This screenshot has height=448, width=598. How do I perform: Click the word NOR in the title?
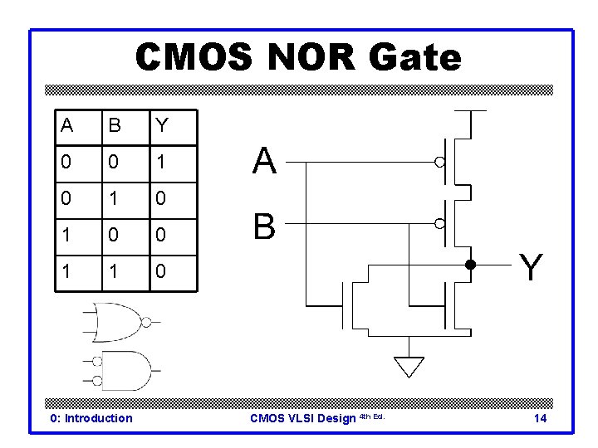point(298,58)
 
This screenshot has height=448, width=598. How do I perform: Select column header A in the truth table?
point(66,126)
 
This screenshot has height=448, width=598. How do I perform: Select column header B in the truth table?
point(114,126)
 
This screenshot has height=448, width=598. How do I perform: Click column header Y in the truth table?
point(161,126)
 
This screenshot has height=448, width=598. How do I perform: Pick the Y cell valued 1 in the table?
point(161,163)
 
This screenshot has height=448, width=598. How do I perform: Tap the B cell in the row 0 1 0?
point(114,199)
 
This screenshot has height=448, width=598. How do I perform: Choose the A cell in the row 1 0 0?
point(66,236)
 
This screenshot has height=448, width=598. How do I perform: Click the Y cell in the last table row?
point(161,272)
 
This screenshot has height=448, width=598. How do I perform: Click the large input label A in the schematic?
point(264,162)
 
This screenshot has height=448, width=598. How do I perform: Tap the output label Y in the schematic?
point(532,267)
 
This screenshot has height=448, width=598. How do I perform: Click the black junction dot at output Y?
point(469,265)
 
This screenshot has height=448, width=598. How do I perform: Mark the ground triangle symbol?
point(409,366)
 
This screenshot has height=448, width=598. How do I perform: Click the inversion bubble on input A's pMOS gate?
point(440,163)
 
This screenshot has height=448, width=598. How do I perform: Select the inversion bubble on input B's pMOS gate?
point(440,223)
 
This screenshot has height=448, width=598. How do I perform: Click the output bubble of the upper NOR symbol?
point(146,323)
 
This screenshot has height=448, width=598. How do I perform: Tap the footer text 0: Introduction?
point(91,418)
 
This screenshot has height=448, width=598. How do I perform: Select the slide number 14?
point(540,418)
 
